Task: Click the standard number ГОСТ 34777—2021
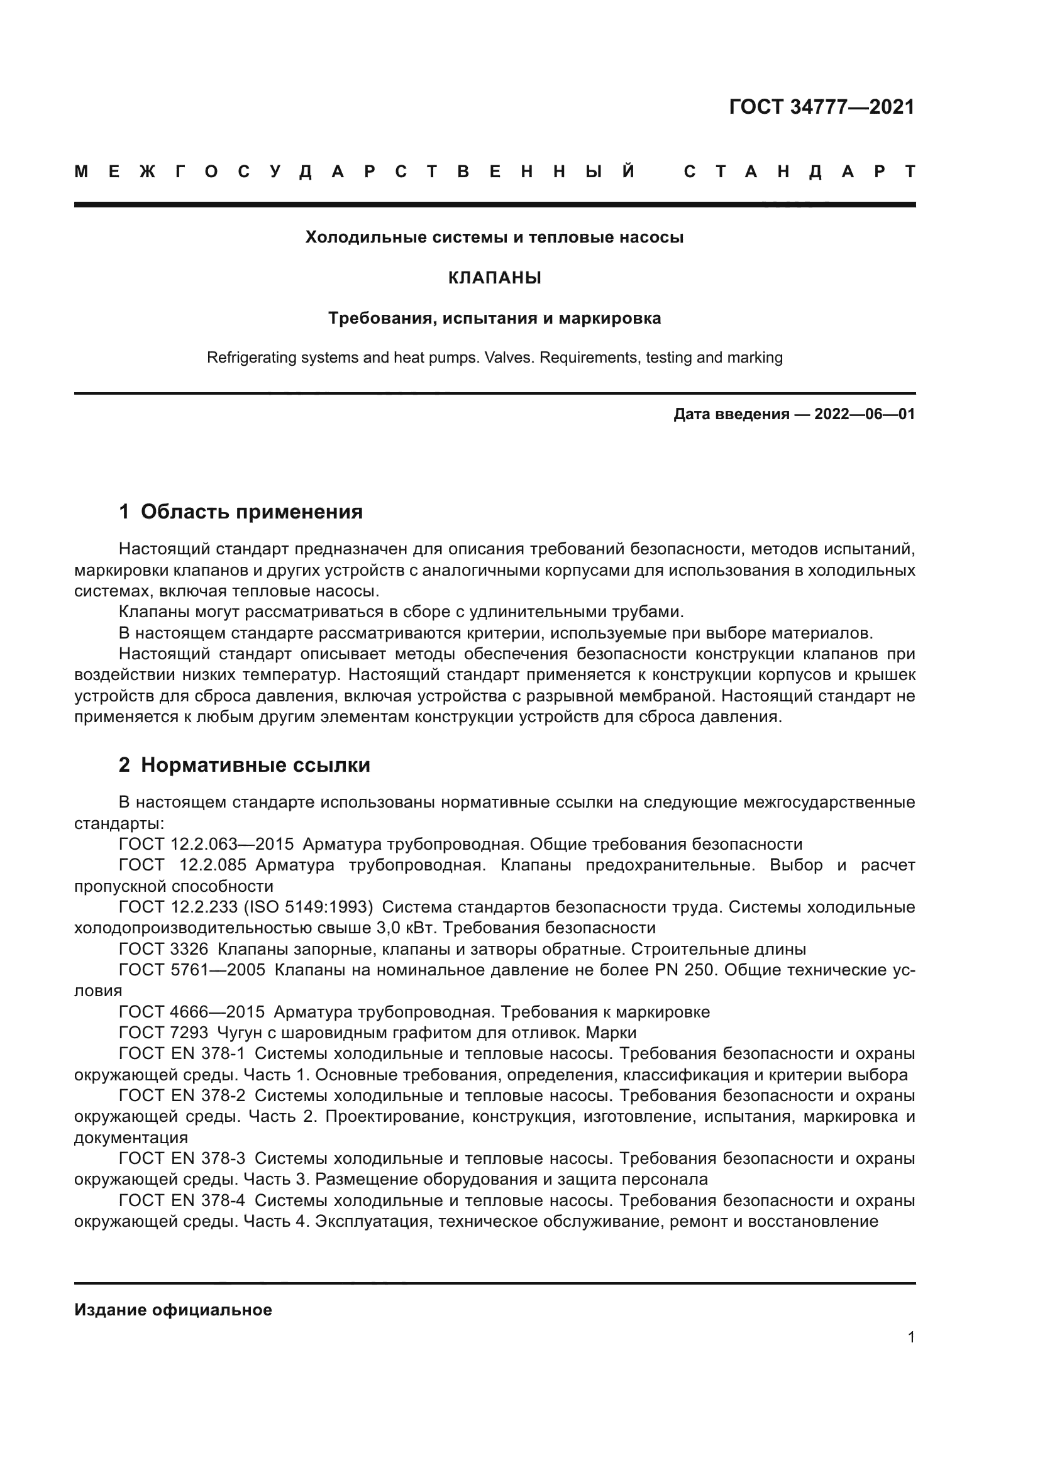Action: coord(822,107)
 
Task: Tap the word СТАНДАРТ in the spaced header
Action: coord(800,172)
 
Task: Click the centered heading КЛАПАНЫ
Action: coord(494,278)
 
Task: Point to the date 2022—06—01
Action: coord(864,414)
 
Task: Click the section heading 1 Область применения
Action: coord(241,511)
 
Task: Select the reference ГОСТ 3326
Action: coord(164,949)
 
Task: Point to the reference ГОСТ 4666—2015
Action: coord(192,1012)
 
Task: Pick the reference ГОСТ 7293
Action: coord(164,1033)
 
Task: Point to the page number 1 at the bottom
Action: coord(910,1337)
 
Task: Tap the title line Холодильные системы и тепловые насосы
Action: coord(494,238)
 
